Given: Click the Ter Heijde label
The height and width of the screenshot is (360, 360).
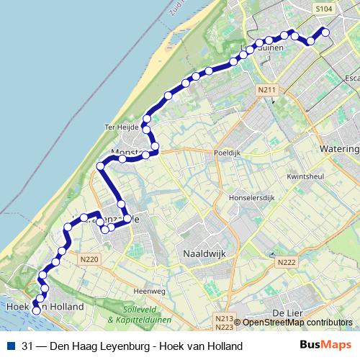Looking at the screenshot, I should pyautogui.click(x=120, y=127).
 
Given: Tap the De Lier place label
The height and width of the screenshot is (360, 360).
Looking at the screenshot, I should pyautogui.click(x=287, y=312).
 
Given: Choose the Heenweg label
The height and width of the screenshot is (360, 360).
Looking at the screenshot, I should pyautogui.click(x=150, y=291).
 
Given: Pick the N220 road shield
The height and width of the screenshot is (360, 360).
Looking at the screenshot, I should pyautogui.click(x=89, y=259).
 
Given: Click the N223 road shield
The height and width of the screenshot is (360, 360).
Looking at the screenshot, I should pyautogui.click(x=224, y=327).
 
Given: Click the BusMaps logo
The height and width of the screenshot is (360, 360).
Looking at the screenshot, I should pyautogui.click(x=325, y=346).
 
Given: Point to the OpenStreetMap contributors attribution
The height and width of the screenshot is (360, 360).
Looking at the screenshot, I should pyautogui.click(x=297, y=323).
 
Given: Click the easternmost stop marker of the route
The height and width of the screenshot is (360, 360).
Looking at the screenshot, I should pyautogui.click(x=325, y=32).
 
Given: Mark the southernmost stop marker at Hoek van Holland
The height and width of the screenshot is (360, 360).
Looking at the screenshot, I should pyautogui.click(x=36, y=311).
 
